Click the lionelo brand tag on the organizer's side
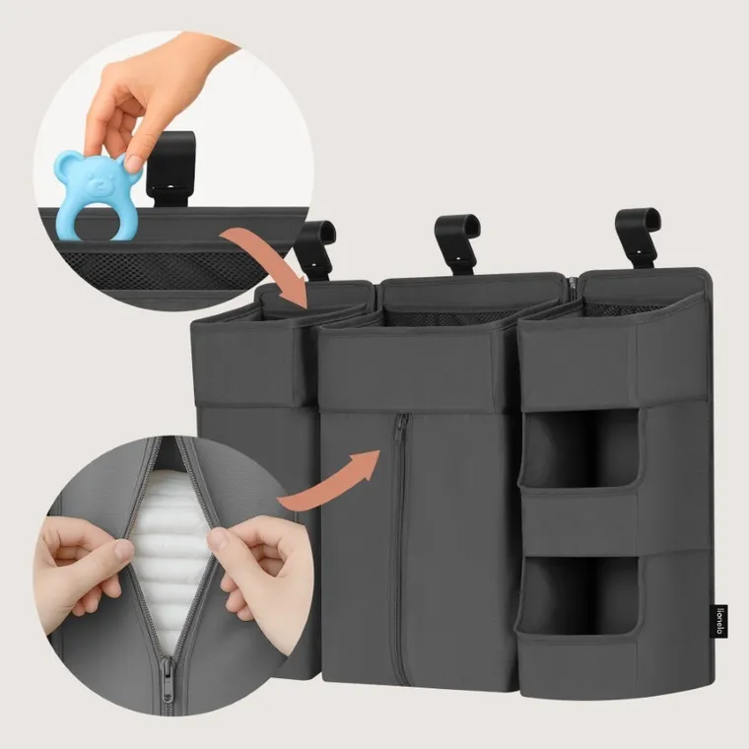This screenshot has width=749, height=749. point(720,621)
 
